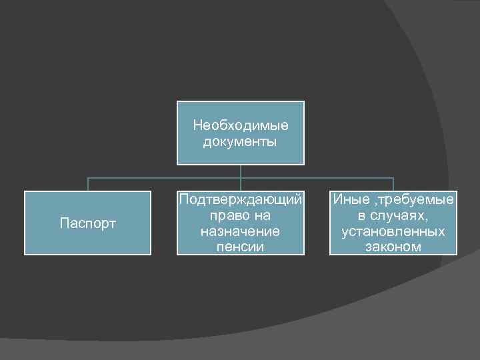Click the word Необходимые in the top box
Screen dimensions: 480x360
point(240,125)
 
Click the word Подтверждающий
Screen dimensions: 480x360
point(241,199)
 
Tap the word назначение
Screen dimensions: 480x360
point(240,231)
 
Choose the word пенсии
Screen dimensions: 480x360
point(240,247)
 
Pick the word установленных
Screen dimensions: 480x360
point(393,231)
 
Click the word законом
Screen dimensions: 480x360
point(393,247)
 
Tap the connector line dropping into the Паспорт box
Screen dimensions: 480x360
point(88,185)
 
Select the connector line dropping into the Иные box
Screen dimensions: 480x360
point(393,185)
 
